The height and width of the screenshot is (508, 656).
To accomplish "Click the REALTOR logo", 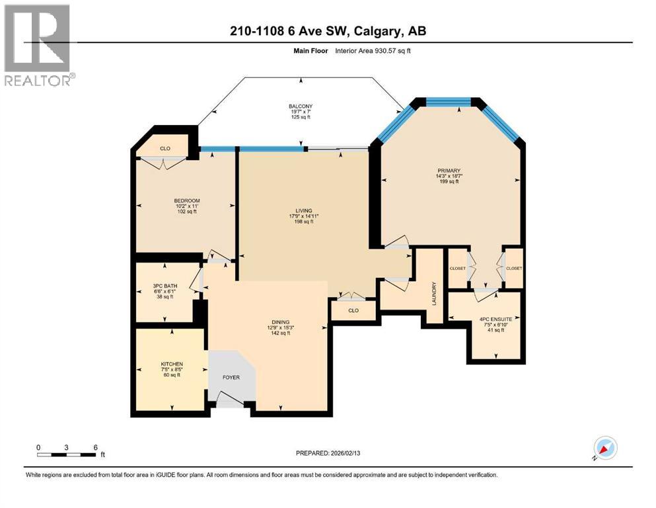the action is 40,45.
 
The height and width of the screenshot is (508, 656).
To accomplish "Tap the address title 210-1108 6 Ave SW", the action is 291,31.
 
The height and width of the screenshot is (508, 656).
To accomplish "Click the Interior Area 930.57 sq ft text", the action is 373,51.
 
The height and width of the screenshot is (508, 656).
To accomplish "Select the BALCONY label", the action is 301,106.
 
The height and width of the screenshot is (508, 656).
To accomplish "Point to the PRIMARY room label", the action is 449,171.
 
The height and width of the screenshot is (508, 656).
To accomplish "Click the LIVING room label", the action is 304,210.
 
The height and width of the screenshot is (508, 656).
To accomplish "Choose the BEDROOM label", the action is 187,200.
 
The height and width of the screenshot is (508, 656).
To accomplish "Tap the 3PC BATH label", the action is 165,286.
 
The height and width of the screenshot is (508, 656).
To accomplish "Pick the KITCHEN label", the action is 172,364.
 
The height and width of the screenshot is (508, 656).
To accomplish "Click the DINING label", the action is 281,322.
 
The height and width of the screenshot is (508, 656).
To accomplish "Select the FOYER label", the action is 231,377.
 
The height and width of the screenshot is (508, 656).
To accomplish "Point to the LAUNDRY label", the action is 434,293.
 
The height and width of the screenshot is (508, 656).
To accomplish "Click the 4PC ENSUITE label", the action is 495,319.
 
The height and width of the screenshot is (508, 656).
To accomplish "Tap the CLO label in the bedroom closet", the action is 165,148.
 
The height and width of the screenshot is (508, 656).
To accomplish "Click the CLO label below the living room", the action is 353,310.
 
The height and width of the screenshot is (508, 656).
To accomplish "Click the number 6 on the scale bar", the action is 95,447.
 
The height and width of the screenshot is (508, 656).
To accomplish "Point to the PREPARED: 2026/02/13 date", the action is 328,453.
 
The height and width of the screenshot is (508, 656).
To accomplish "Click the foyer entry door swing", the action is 229,398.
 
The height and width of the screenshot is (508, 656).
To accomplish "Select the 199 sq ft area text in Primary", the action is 449,181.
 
